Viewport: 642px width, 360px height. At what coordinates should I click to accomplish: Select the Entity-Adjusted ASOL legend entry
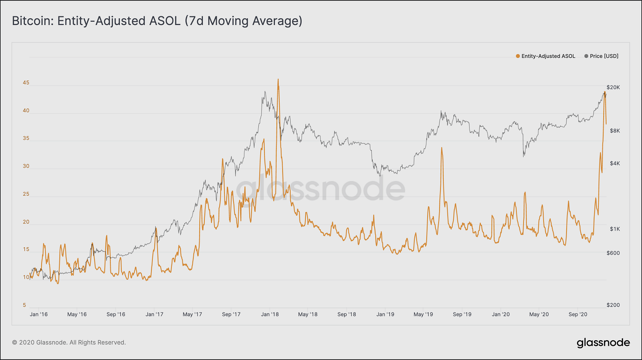point(545,56)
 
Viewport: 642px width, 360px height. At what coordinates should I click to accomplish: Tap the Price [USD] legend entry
point(601,56)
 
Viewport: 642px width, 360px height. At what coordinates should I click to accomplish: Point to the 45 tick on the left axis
point(26,83)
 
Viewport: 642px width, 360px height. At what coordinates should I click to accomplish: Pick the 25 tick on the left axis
point(26,194)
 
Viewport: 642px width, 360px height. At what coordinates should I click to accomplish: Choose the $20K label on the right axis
point(613,87)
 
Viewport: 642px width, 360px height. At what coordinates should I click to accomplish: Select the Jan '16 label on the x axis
point(39,315)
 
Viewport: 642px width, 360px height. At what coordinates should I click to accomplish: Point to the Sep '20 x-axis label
point(578,315)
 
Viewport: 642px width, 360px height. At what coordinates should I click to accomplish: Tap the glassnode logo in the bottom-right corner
point(603,343)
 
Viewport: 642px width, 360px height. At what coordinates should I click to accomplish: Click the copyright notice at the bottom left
point(69,343)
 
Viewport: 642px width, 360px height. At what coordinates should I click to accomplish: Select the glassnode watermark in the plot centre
point(321,188)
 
